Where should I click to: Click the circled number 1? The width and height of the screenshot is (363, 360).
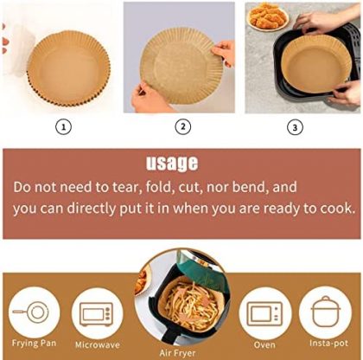[x=63, y=127]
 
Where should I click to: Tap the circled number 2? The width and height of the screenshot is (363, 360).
[x=183, y=127]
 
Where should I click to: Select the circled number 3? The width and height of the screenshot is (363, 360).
[x=295, y=127]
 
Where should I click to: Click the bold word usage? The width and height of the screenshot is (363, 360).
[x=172, y=164]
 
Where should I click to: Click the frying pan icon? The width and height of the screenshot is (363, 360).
[x=31, y=312]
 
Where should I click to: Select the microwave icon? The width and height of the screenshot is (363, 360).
[x=96, y=314]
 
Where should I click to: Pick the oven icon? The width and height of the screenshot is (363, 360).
[x=264, y=314]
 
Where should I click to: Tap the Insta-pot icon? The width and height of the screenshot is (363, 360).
[x=326, y=312]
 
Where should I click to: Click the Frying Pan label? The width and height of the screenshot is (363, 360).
[x=34, y=344]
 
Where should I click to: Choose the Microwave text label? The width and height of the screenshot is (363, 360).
[x=98, y=344]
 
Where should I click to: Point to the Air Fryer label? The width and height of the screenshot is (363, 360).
[x=177, y=353]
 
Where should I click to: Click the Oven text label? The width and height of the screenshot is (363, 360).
[x=264, y=344]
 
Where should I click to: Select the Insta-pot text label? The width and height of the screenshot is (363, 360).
[x=328, y=344]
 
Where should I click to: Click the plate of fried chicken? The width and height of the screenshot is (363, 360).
[x=268, y=16]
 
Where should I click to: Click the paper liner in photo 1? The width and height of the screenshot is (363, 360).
[x=68, y=68]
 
